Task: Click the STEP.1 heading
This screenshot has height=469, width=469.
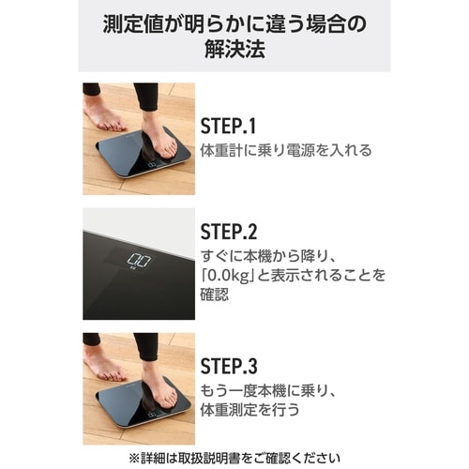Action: coord(228,126)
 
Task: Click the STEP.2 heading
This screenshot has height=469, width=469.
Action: coord(229,232)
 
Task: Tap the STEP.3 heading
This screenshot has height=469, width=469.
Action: coord(229,366)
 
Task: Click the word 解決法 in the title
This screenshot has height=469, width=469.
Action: coord(234,49)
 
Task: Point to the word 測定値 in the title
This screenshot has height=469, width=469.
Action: coord(133,24)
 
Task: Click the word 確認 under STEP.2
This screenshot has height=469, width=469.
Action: coord(215,294)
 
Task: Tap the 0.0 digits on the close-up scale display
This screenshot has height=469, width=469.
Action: coord(140,260)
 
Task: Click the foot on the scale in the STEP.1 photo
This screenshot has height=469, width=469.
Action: coord(160,140)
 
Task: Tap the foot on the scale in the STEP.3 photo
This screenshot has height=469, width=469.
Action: coord(160,390)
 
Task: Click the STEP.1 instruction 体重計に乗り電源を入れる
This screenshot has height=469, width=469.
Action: coord(286,150)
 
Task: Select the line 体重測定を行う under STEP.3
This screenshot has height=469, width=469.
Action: coord(250,409)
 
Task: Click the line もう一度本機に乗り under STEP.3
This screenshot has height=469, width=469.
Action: coord(264,391)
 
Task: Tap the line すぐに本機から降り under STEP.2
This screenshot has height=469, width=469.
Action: coord(264,257)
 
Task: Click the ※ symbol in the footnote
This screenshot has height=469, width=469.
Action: coord(134,458)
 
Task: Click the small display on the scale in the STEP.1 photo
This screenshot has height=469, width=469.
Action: coord(152,165)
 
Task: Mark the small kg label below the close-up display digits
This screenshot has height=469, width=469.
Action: coord(132,268)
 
